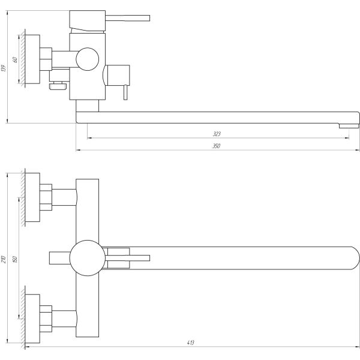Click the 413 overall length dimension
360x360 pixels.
[x=191, y=343]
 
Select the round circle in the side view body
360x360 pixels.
[x=88, y=60]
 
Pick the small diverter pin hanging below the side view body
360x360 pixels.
[x=125, y=92]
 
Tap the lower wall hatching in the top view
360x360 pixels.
[x=22, y=315]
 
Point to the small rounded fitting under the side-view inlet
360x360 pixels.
[x=58, y=86]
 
